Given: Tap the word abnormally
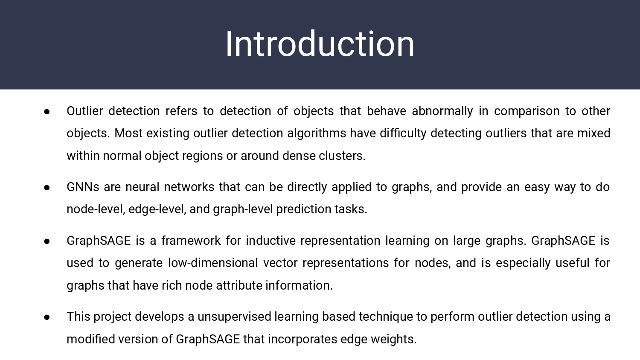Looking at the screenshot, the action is pos(442,111).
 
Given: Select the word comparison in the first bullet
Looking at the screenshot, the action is pos(527,111).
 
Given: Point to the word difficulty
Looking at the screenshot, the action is pos(403,134).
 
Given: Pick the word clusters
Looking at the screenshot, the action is pos(342,156).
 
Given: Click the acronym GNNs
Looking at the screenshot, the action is pos(83,187).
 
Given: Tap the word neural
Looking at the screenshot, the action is pos(142,187).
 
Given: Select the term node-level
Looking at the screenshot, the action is pos(96,209).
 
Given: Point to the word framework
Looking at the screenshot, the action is pos(191,241).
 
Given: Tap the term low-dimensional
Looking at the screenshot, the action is pos(213,263).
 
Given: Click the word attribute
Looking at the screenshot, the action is pos(239,285).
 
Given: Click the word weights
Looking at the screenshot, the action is pos(394,340).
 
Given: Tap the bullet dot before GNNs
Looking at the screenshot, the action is pos(47,188).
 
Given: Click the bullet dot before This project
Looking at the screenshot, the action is pos(47,317).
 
